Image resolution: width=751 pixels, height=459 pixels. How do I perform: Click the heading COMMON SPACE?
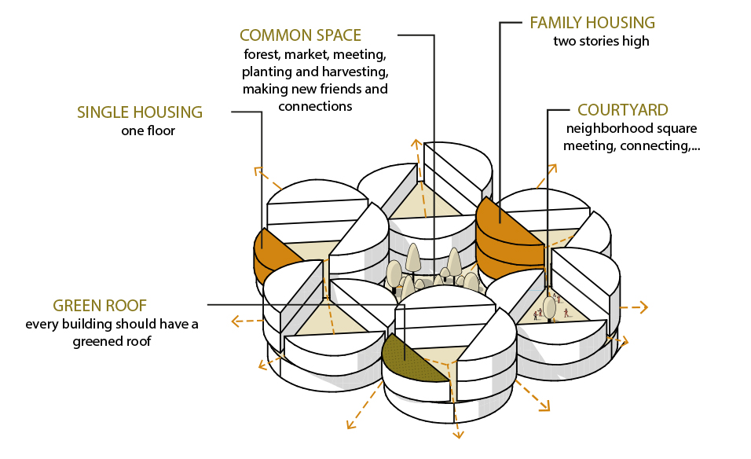[x=300, y=35]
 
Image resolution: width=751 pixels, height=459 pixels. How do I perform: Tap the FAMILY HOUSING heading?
[x=592, y=23]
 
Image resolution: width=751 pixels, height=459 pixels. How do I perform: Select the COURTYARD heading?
[x=623, y=110]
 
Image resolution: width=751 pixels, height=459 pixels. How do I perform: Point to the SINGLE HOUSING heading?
[x=140, y=112]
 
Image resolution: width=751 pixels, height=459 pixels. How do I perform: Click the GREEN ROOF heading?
[x=100, y=306]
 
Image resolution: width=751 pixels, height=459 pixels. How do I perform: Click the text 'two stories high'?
[x=601, y=41]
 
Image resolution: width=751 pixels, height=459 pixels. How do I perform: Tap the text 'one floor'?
[x=148, y=130]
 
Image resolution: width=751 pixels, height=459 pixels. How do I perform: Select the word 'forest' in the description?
[x=261, y=55]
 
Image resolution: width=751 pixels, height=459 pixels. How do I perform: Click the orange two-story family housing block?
[x=507, y=236]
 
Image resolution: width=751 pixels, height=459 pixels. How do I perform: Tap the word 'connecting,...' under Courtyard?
[x=665, y=145]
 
